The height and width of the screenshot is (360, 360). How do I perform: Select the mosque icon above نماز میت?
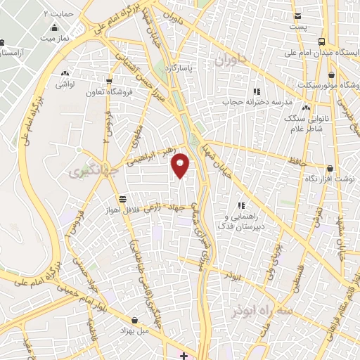[x=55, y=27]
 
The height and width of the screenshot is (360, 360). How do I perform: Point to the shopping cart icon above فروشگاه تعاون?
[x=108, y=80]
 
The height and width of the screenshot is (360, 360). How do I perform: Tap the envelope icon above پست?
[x=298, y=15]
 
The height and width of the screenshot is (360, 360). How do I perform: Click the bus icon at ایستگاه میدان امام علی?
[x=321, y=41]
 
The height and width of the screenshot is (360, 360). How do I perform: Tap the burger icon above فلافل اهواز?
[x=124, y=199]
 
